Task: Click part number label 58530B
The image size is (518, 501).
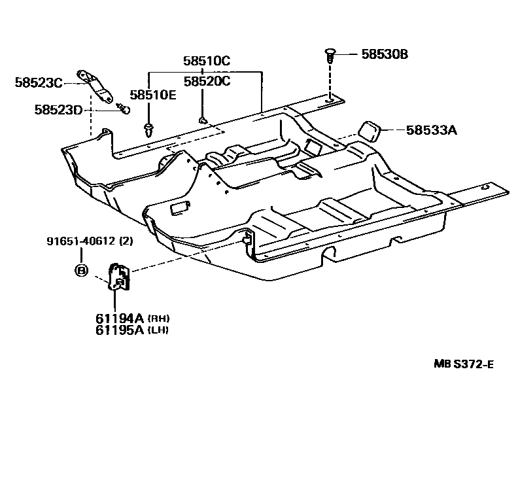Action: (385, 54)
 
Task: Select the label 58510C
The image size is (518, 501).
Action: (206, 61)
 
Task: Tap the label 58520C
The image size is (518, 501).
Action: (206, 81)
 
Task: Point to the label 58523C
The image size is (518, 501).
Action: (39, 82)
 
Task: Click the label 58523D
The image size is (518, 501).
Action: (58, 109)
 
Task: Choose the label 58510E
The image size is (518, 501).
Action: (152, 95)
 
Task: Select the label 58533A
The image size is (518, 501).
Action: (430, 130)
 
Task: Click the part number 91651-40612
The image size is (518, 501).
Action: (81, 241)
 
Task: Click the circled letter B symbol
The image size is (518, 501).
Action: (81, 269)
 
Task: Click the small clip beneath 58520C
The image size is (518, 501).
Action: (203, 119)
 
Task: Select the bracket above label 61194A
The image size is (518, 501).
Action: (119, 277)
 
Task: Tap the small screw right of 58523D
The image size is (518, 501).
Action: (122, 108)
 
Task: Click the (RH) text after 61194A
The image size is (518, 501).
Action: (159, 319)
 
